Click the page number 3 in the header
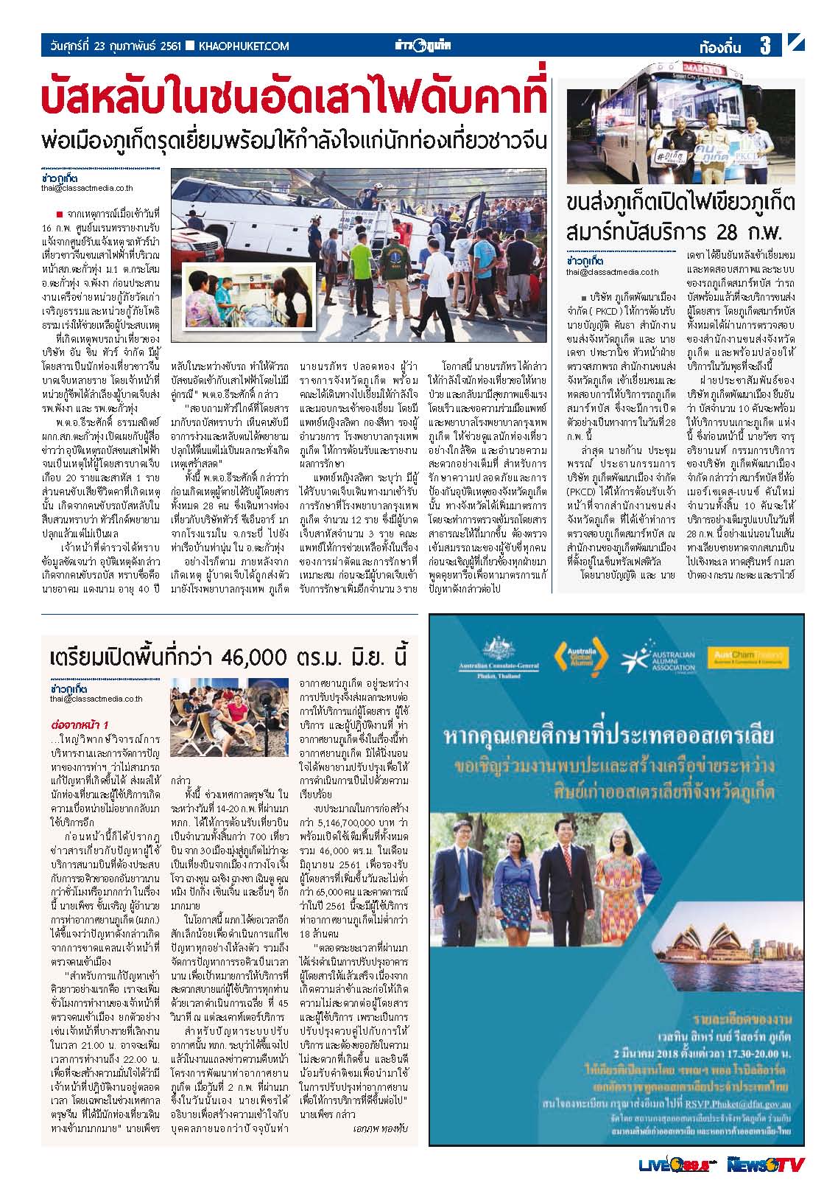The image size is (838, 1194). [x=765, y=46]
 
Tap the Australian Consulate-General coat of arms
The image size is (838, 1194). [x=498, y=649]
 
